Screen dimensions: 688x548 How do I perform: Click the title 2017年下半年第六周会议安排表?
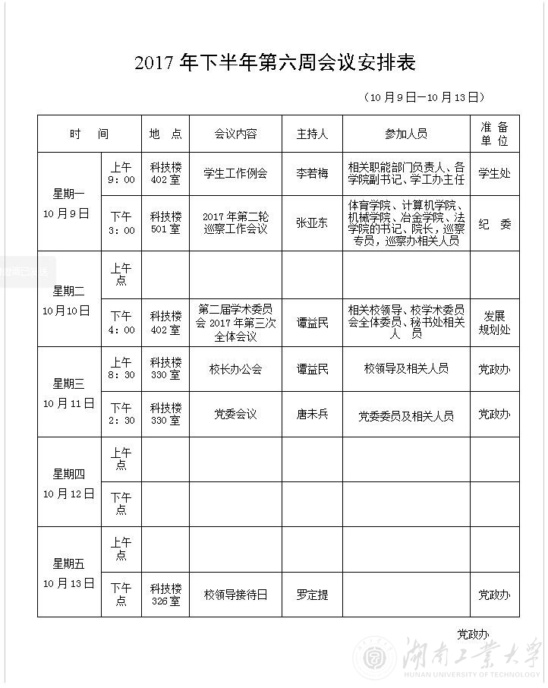275,63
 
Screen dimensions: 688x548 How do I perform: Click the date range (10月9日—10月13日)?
424,97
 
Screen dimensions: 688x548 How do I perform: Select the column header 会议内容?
235,134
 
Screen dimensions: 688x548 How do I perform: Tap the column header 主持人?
312,134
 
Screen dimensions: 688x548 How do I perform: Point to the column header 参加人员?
406,134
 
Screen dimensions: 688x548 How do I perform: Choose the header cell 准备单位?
494,134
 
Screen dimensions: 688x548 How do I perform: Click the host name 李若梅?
312,173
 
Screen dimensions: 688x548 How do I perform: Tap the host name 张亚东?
312,222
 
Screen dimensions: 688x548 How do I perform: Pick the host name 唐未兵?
312,415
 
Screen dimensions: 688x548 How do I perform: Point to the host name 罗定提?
312,595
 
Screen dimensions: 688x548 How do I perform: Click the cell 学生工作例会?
235,173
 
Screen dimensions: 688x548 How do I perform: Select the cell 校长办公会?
235,369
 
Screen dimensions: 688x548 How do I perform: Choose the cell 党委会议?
235,415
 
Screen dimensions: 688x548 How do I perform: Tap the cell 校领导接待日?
235,595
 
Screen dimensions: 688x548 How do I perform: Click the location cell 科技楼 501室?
165,223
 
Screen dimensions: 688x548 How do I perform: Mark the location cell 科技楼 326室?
165,595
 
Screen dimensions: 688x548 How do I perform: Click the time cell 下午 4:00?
121,323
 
